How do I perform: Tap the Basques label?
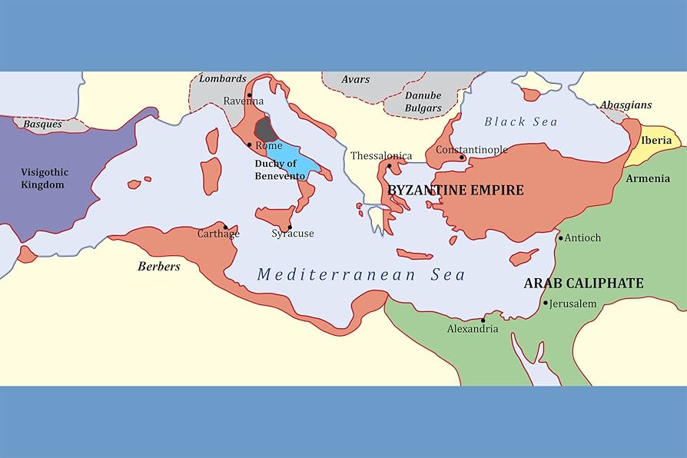42,123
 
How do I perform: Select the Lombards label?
223,78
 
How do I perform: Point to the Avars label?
355,79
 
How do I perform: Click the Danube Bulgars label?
423,101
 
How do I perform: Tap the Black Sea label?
520,121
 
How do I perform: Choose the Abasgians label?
626,105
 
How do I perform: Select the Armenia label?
648,178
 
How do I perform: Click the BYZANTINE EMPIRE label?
456,190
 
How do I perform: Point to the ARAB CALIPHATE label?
583,284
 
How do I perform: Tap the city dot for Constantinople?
462,158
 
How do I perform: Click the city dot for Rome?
249,144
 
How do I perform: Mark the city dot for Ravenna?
249,95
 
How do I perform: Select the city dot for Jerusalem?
546,304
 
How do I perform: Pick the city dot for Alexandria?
483,320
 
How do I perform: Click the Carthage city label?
218,234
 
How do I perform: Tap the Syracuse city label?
292,234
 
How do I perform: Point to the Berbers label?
158,267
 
